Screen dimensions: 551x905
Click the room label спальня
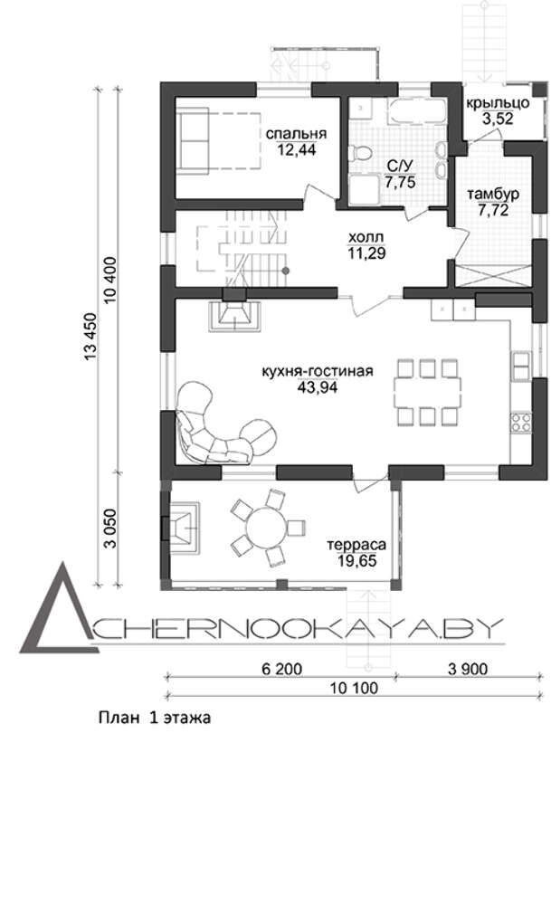296,133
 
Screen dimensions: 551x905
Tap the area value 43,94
317,387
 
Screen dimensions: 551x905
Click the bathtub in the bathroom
417,110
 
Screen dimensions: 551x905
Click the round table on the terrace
266,527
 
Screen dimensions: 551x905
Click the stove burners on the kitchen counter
520,422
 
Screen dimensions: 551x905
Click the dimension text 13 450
91,337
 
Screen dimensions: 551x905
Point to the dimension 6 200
281,669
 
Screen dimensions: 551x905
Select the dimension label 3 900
468,669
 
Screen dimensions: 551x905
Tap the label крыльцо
498,104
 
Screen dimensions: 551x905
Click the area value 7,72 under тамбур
493,210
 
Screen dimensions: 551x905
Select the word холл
366,237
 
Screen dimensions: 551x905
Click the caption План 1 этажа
154,718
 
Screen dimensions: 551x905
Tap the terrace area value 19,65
357,560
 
